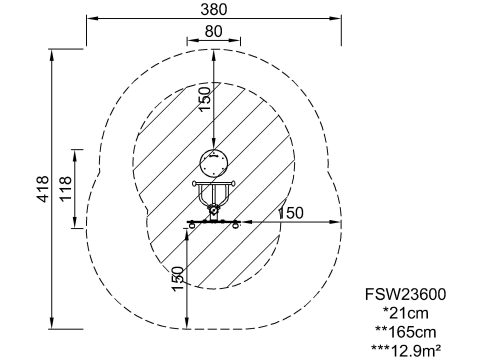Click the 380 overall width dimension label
pyautogui.click(x=214, y=9)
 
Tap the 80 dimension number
pyautogui.click(x=213, y=31)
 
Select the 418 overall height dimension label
pyautogui.click(x=43, y=189)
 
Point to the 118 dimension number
pyautogui.click(x=66, y=188)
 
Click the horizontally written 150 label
pyautogui.click(x=291, y=213)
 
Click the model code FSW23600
pyautogui.click(x=405, y=294)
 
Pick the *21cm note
pyautogui.click(x=406, y=313)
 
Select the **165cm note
pyautogui.click(x=406, y=332)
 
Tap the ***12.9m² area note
pyautogui.click(x=406, y=350)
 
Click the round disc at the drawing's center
pyautogui.click(x=214, y=163)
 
